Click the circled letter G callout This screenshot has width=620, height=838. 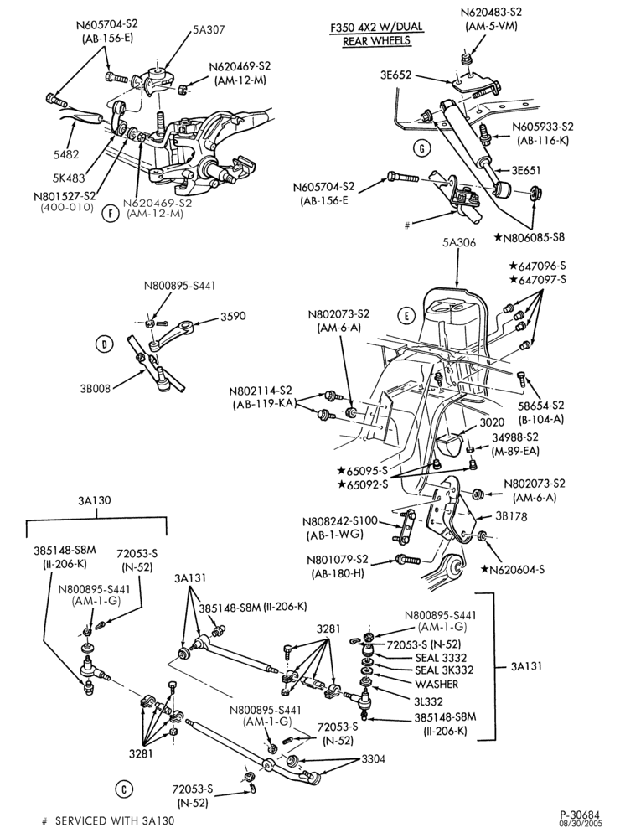tap(422, 149)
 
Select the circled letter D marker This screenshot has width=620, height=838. tap(104, 344)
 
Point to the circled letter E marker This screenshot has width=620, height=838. tap(406, 316)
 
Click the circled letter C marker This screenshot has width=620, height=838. tap(123, 789)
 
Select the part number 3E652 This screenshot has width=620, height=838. tap(395, 75)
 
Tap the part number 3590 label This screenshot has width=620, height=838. tap(233, 316)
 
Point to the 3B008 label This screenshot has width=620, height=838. tap(96, 389)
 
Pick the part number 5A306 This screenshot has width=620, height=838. tap(458, 243)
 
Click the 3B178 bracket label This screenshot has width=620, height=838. tap(510, 516)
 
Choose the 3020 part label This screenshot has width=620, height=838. tap(492, 422)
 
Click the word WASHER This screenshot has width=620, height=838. tap(437, 684)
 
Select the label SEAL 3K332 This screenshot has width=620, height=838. tap(444, 670)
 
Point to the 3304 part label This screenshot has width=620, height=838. tap(373, 759)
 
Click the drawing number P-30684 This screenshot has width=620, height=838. tap(580, 815)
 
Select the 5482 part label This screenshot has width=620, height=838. tap(65, 154)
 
